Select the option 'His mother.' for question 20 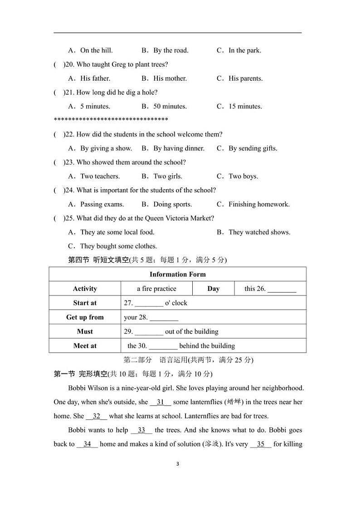170,78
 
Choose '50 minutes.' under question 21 170,107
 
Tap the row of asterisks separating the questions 111,120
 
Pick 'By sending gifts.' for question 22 253,148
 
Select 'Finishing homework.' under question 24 259,204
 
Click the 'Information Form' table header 177,274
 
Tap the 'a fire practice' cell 156,289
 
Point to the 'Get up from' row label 85,317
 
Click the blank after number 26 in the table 282,289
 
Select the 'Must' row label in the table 85,331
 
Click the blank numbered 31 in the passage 161,402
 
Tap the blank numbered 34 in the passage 87,444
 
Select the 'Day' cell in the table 213,289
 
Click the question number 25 69,218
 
